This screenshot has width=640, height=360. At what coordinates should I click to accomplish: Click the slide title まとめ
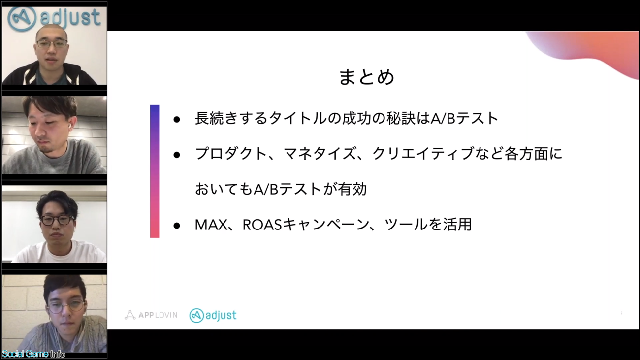pyautogui.click(x=367, y=77)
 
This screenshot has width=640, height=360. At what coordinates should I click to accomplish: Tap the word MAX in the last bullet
pyautogui.click(x=211, y=225)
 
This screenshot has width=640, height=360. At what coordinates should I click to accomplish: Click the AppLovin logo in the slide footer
pyautogui.click(x=151, y=315)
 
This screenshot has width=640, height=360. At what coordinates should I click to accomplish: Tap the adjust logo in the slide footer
pyautogui.click(x=213, y=315)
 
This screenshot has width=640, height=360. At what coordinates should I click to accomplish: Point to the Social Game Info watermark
pyautogui.click(x=33, y=354)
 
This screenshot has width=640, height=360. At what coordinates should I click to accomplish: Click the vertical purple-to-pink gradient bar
pyautogui.click(x=155, y=171)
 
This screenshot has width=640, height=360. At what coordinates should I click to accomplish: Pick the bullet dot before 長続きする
pyautogui.click(x=177, y=120)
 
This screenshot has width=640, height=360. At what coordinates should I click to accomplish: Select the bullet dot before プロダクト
pyautogui.click(x=177, y=155)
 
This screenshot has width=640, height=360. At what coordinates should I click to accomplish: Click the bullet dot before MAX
pyautogui.click(x=177, y=226)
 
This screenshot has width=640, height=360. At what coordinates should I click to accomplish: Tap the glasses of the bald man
pyautogui.click(x=52, y=44)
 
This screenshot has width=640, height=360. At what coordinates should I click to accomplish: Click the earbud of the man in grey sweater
pyautogui.click(x=69, y=125)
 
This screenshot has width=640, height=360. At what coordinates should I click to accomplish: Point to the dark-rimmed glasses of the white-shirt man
pyautogui.click(x=57, y=220)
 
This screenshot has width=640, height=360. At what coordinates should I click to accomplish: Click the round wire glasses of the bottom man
pyautogui.click(x=65, y=307)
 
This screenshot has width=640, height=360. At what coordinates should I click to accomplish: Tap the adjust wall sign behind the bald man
pyautogui.click(x=54, y=18)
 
